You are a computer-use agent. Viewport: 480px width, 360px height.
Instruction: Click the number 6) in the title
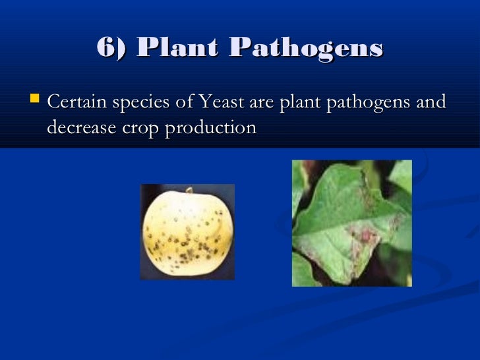[x=113, y=47]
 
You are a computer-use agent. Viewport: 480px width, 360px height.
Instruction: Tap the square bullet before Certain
[x=36, y=102]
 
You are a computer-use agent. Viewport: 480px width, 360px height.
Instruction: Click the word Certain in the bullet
[x=77, y=104]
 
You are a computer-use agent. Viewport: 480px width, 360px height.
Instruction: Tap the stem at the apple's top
[x=189, y=192]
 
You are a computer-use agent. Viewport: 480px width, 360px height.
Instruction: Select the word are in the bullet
[x=262, y=104]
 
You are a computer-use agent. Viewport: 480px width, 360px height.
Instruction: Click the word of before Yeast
[x=185, y=104]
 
